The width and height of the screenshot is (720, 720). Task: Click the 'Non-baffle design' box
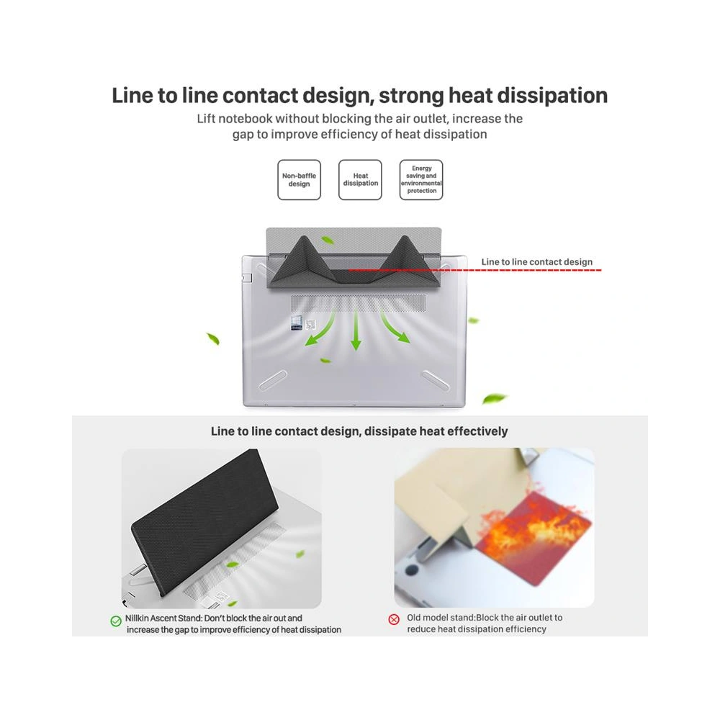click(299, 179)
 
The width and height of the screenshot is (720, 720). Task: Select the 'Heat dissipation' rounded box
click(360, 179)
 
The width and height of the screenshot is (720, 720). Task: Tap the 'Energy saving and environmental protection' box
click(421, 179)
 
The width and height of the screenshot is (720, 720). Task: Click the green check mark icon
click(116, 621)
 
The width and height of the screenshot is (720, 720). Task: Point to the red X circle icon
click(394, 619)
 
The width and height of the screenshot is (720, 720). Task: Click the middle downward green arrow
click(356, 330)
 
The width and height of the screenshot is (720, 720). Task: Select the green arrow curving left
click(320, 329)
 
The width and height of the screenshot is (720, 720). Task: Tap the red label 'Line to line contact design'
click(537, 262)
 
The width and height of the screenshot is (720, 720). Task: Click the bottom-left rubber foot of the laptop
click(273, 380)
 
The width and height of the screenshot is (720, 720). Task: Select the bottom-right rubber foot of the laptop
click(436, 380)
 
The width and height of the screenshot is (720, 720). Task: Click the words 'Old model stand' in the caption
click(441, 618)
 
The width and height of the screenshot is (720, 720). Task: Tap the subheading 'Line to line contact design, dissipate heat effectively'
click(359, 431)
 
